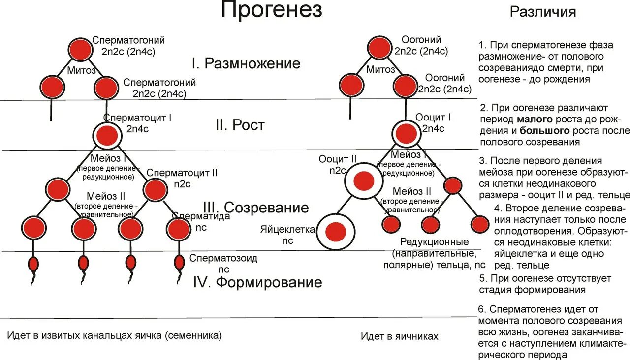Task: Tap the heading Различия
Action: pyautogui.click(x=543, y=12)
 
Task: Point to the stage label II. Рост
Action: pyautogui.click(x=240, y=125)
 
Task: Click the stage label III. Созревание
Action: pyautogui.click(x=256, y=207)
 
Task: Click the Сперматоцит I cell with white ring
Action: pyautogui.click(x=107, y=134)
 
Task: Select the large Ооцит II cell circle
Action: pyautogui.click(x=364, y=181)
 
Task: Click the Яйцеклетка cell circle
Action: pyautogui.click(x=336, y=231)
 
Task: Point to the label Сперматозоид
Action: pyautogui.click(x=224, y=258)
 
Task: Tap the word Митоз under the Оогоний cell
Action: pyautogui.click(x=380, y=70)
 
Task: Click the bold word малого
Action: pyautogui.click(x=535, y=120)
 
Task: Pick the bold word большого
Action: pyautogui.click(x=544, y=131)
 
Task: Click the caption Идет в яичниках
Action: pyautogui.click(x=399, y=336)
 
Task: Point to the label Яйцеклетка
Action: pyautogui.click(x=288, y=229)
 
